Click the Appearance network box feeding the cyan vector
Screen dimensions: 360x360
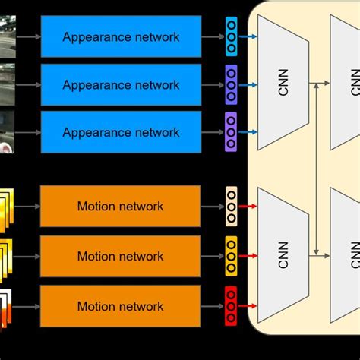click(x=120, y=36)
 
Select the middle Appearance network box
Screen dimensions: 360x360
click(x=120, y=84)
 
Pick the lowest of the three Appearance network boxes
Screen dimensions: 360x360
click(x=120, y=132)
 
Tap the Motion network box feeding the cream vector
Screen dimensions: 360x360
click(x=120, y=206)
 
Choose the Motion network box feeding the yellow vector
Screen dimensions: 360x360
click(x=120, y=256)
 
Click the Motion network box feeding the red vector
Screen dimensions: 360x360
click(x=120, y=306)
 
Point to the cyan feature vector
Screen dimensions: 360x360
click(x=231, y=36)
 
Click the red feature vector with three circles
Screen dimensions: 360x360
click(x=231, y=306)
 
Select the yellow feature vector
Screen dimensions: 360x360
click(x=231, y=256)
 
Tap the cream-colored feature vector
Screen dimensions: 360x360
click(x=231, y=206)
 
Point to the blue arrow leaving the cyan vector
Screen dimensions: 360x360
click(x=248, y=36)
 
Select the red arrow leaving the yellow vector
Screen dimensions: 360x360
click(x=248, y=256)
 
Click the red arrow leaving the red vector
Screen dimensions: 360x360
click(x=248, y=306)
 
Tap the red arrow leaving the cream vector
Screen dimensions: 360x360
click(x=248, y=206)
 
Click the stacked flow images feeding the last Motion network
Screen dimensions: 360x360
click(x=7, y=307)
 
